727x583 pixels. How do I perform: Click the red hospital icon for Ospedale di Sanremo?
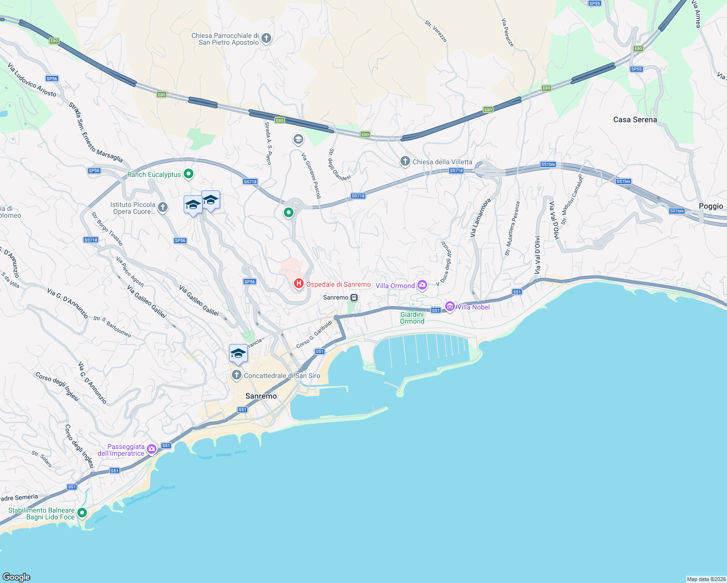298,283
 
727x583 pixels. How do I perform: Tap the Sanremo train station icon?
354,297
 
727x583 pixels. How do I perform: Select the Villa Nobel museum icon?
450,307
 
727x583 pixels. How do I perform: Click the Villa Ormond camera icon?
422,285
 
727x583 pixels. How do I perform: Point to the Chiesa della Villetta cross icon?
405,161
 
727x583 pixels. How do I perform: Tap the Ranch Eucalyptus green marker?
189,174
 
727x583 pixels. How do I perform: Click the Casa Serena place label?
635,120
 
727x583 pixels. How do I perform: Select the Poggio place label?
710,206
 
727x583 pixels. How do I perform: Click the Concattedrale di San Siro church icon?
236,375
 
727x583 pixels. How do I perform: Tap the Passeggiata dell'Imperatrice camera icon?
152,449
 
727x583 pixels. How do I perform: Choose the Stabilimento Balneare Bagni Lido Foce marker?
82,513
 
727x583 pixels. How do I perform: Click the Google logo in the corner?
17,577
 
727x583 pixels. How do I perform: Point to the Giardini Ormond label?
412,318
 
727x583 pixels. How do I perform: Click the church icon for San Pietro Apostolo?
266,38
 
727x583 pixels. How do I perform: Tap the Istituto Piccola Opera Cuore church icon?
163,207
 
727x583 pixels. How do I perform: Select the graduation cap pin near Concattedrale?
238,354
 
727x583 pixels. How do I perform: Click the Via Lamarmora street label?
480,218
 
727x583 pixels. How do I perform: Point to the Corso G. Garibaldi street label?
314,334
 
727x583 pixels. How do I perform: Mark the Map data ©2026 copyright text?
706,579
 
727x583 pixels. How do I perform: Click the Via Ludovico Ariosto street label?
32,80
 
